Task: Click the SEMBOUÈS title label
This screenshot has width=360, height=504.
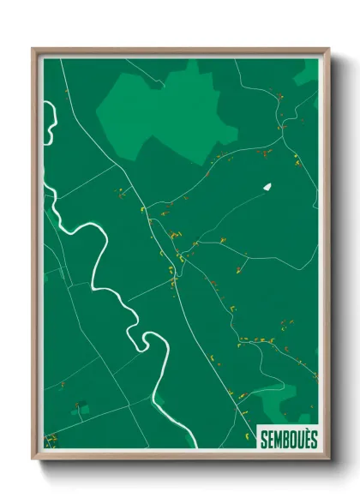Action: point(289,438)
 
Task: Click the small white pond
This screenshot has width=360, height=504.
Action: point(267,186)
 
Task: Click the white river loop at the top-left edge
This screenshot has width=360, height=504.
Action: point(50,120)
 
